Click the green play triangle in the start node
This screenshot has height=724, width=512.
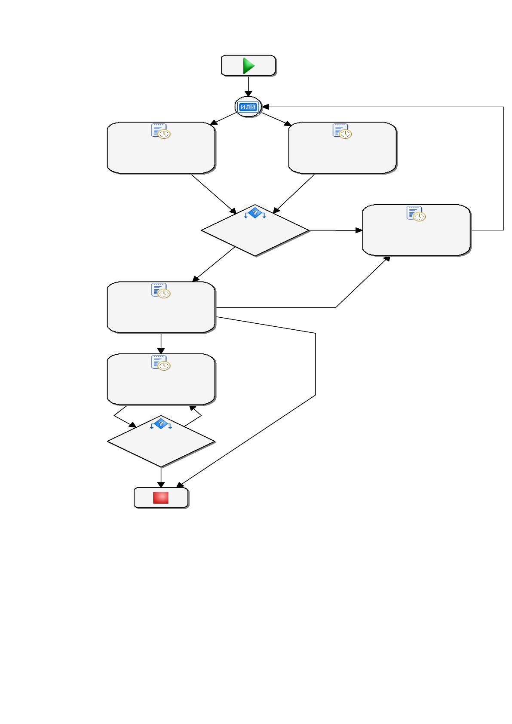point(248,66)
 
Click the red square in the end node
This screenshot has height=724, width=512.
point(161,498)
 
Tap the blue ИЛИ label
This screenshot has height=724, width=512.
point(248,107)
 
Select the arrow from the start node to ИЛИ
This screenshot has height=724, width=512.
point(248,86)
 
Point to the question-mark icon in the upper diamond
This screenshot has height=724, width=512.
point(255,213)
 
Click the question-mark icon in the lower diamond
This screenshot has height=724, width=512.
point(161,424)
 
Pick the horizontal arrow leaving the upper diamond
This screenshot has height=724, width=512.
point(336,230)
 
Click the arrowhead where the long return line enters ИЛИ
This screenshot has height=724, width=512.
point(266,107)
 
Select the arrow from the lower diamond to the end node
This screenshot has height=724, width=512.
point(161,477)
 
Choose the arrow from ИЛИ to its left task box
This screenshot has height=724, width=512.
point(224,119)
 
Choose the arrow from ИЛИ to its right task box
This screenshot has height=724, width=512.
point(276,119)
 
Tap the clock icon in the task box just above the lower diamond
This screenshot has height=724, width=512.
point(164,365)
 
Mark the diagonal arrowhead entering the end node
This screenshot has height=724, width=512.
point(180,485)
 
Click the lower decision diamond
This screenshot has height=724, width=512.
point(161,441)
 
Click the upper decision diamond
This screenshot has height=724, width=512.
point(255,230)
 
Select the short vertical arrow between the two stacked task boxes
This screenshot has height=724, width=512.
point(161,344)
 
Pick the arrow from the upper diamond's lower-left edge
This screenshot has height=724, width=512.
point(213,264)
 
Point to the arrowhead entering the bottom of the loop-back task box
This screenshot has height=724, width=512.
point(386,259)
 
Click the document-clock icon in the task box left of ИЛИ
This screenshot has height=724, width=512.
point(161,131)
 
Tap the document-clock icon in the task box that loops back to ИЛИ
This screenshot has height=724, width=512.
point(416,213)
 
